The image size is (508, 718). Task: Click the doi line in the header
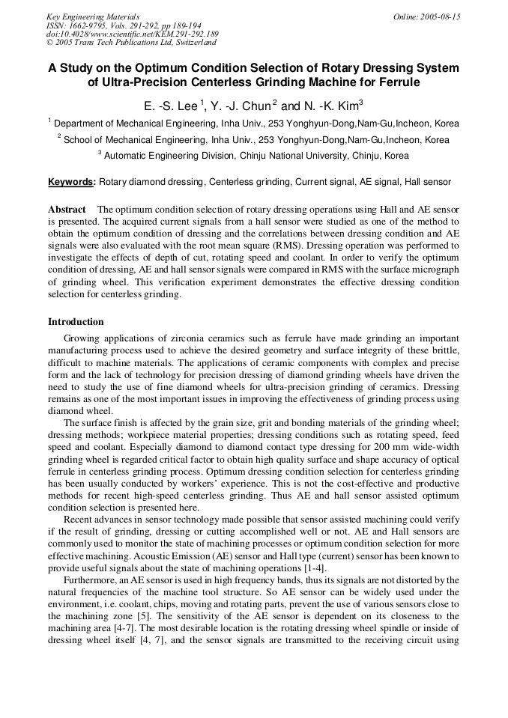click(x=132, y=34)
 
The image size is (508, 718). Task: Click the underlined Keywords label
click(x=72, y=181)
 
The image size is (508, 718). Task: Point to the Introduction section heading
click(x=76, y=322)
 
